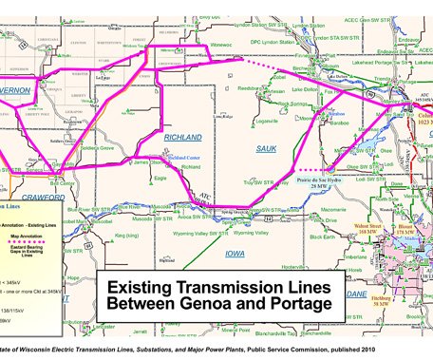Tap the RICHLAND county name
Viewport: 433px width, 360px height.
click(x=183, y=138)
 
